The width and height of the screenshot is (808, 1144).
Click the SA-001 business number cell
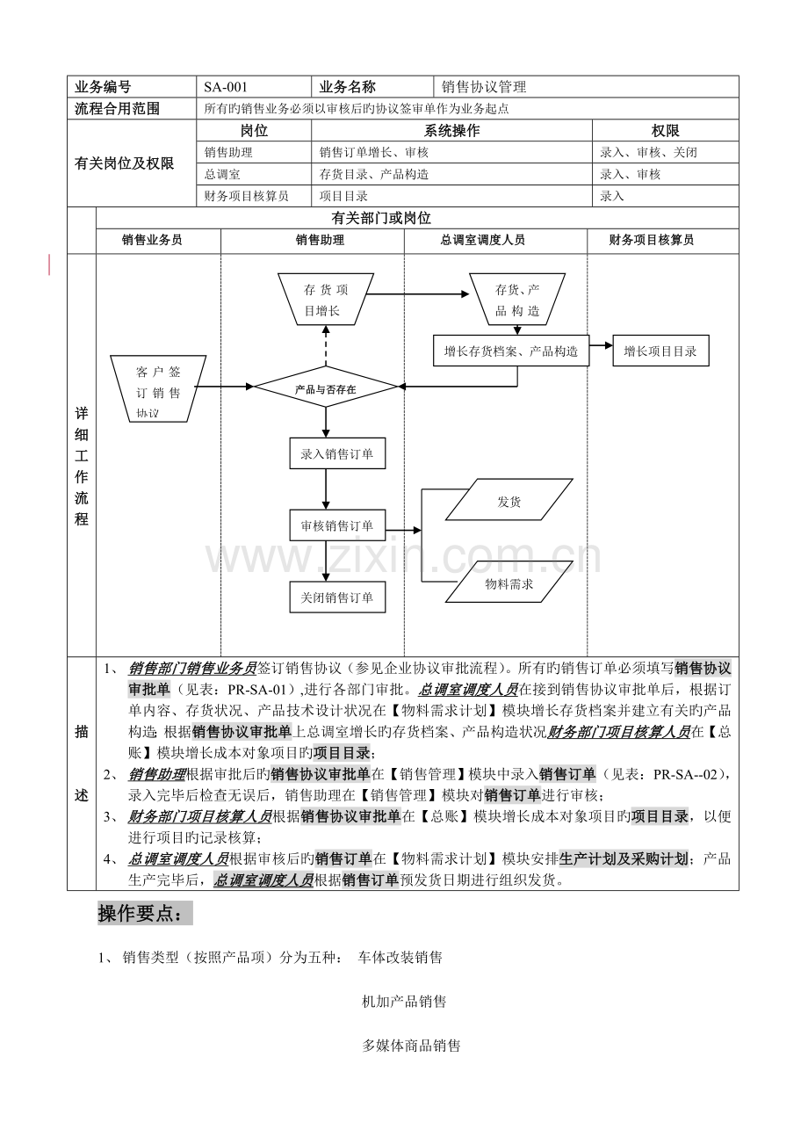coord(254,87)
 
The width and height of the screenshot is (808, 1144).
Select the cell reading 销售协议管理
coord(586,87)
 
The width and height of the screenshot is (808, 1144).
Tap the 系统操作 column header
coord(451,131)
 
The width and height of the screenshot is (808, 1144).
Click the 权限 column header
coord(665,131)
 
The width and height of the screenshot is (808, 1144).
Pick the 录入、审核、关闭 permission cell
coord(665,152)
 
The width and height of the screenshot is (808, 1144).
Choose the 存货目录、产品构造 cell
coord(451,174)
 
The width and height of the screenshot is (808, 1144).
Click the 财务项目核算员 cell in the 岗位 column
coord(254,196)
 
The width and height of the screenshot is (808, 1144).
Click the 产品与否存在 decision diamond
coord(326,387)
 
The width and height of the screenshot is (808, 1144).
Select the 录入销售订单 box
coord(337,453)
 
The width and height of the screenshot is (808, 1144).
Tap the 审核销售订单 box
coord(337,525)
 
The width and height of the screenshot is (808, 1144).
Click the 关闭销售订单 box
coord(337,597)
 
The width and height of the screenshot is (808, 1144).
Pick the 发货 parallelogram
coord(509,499)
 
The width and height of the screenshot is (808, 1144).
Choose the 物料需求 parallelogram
coord(509,582)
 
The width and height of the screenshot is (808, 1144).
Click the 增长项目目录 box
coord(660,351)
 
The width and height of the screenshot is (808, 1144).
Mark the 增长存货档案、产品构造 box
coord(511,351)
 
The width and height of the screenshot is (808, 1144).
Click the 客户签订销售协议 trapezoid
coord(158,389)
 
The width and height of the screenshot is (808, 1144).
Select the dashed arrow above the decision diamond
coord(326,346)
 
